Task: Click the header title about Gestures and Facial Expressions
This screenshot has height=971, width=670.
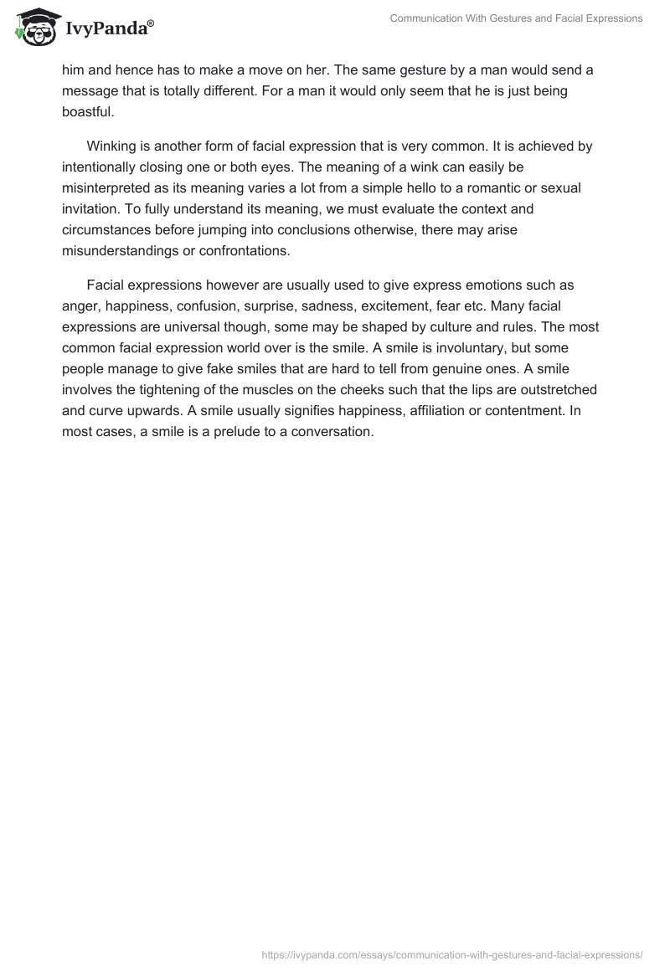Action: point(516,19)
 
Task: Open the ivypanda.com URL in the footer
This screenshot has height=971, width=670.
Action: point(452,953)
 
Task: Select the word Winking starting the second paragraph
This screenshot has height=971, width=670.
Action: point(113,146)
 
